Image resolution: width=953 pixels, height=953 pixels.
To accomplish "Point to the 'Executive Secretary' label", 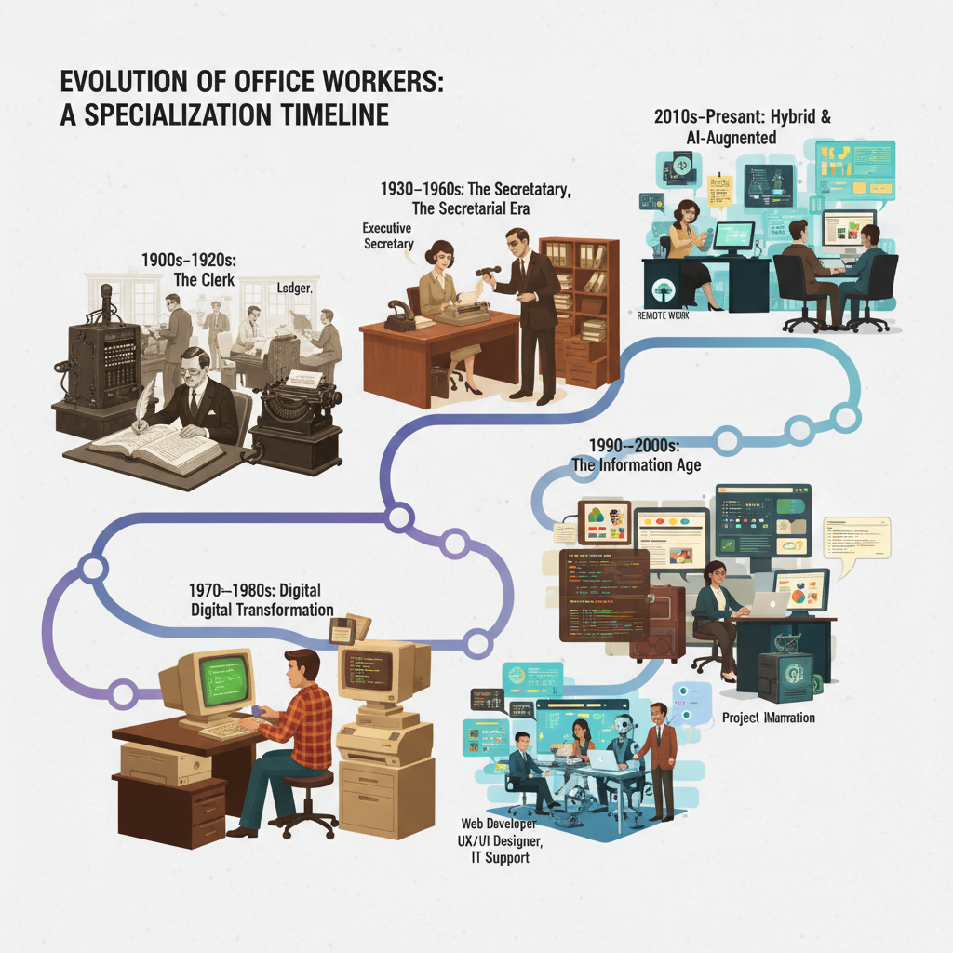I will [x=388, y=235].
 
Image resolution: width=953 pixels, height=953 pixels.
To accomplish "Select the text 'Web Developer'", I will [x=499, y=824].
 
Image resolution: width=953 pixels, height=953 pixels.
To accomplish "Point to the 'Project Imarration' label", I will [x=769, y=718].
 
